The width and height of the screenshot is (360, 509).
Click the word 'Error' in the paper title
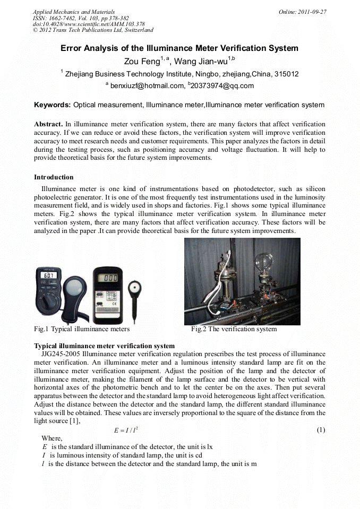pos(72,48)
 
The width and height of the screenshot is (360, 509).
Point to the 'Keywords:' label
pos(52,105)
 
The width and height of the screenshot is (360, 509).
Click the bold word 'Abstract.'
pos(49,124)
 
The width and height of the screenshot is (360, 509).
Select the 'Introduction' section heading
pos(54,177)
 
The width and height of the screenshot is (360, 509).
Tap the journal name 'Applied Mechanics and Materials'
pos(73,12)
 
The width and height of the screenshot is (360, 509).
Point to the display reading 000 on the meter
pos(110,278)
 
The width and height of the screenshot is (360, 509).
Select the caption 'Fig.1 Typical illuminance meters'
pos(82,329)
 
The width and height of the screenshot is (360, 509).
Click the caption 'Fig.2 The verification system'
pos(234,329)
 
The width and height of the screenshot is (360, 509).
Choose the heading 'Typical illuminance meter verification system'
pos(104,346)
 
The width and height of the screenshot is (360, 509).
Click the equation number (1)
pos(320,429)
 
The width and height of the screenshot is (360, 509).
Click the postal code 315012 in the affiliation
pos(286,74)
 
